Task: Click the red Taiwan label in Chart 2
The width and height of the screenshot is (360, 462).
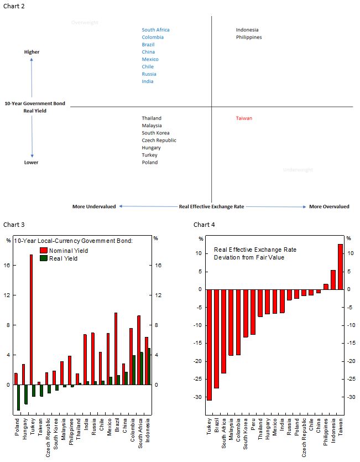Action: coord(244,118)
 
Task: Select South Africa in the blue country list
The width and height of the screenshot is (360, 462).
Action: coord(155,30)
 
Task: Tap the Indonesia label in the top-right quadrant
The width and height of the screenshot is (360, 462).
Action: coord(247,30)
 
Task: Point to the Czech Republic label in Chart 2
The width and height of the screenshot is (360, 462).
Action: coord(159,141)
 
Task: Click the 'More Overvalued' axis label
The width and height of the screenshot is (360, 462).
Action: coord(329,207)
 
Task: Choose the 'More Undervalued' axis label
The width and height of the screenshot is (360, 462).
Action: coord(94,207)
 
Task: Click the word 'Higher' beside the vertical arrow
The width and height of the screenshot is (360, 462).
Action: coord(32,52)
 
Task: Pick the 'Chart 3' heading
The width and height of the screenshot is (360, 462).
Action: coord(14,225)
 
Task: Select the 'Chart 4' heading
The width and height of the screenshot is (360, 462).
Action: coord(204,225)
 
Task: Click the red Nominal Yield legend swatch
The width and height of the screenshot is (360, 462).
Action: coord(44,251)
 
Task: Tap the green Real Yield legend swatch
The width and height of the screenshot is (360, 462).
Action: coord(44,258)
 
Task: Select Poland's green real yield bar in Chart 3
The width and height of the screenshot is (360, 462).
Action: coord(18,397)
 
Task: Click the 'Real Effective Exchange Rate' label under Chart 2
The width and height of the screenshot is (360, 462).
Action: coord(211,207)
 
